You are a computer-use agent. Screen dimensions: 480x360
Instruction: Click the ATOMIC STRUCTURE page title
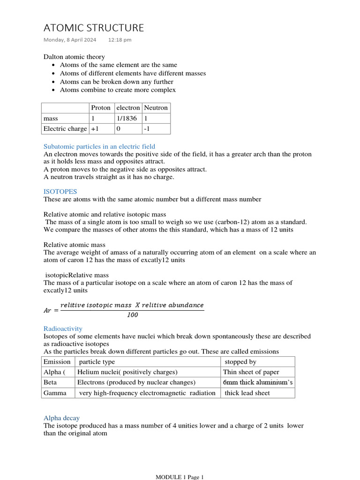[94, 28]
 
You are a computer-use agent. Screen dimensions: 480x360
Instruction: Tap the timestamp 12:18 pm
[120, 40]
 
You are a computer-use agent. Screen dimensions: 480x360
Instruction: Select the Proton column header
[101, 108]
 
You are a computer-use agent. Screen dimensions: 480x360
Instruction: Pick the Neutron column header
[156, 108]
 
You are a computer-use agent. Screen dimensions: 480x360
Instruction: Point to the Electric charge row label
[65, 129]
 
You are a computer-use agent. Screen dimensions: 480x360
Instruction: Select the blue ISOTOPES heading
[60, 191]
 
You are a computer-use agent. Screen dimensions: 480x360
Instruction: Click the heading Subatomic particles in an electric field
[99, 147]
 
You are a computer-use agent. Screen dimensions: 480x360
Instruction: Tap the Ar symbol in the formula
[49, 310]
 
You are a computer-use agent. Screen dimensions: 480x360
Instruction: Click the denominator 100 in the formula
[133, 315]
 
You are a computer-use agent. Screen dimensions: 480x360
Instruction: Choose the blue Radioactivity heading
[63, 329]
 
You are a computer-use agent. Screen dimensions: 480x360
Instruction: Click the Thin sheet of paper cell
[251, 372]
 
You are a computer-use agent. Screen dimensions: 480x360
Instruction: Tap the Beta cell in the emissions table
[50, 382]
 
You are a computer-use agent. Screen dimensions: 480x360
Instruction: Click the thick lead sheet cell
[247, 393]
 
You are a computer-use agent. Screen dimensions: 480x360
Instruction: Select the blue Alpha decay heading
[61, 418]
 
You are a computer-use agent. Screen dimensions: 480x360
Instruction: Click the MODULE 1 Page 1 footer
[180, 477]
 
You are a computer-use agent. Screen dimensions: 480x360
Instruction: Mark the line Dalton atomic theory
[74, 57]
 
